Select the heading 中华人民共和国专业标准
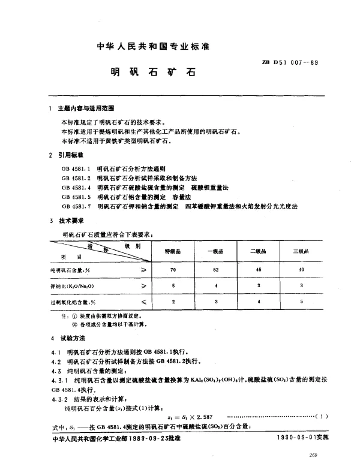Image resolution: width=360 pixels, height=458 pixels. pyautogui.click(x=156, y=46)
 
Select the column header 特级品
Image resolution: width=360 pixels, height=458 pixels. pyautogui.click(x=173, y=252)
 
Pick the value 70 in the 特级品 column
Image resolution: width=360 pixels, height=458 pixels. pyautogui.click(x=173, y=270)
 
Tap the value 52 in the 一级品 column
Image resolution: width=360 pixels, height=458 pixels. pyautogui.click(x=215, y=270)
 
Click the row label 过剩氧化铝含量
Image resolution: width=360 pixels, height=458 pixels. pyautogui.click(x=73, y=303)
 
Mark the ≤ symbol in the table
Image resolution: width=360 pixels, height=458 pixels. pyautogui.click(x=143, y=303)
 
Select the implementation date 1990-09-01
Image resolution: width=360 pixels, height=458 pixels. pyautogui.click(x=296, y=438)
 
